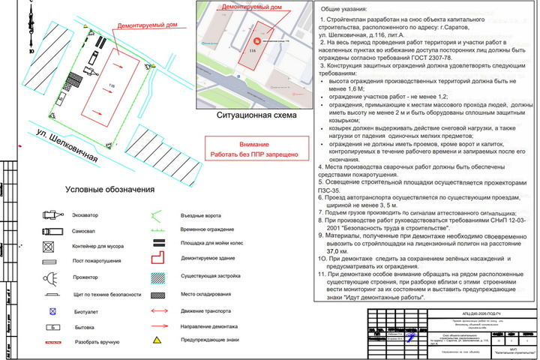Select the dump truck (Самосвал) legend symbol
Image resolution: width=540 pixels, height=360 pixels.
[x=49, y=231]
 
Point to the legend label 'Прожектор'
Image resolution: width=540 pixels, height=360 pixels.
[x=85, y=277]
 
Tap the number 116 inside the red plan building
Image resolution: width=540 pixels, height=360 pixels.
[x=113, y=87]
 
